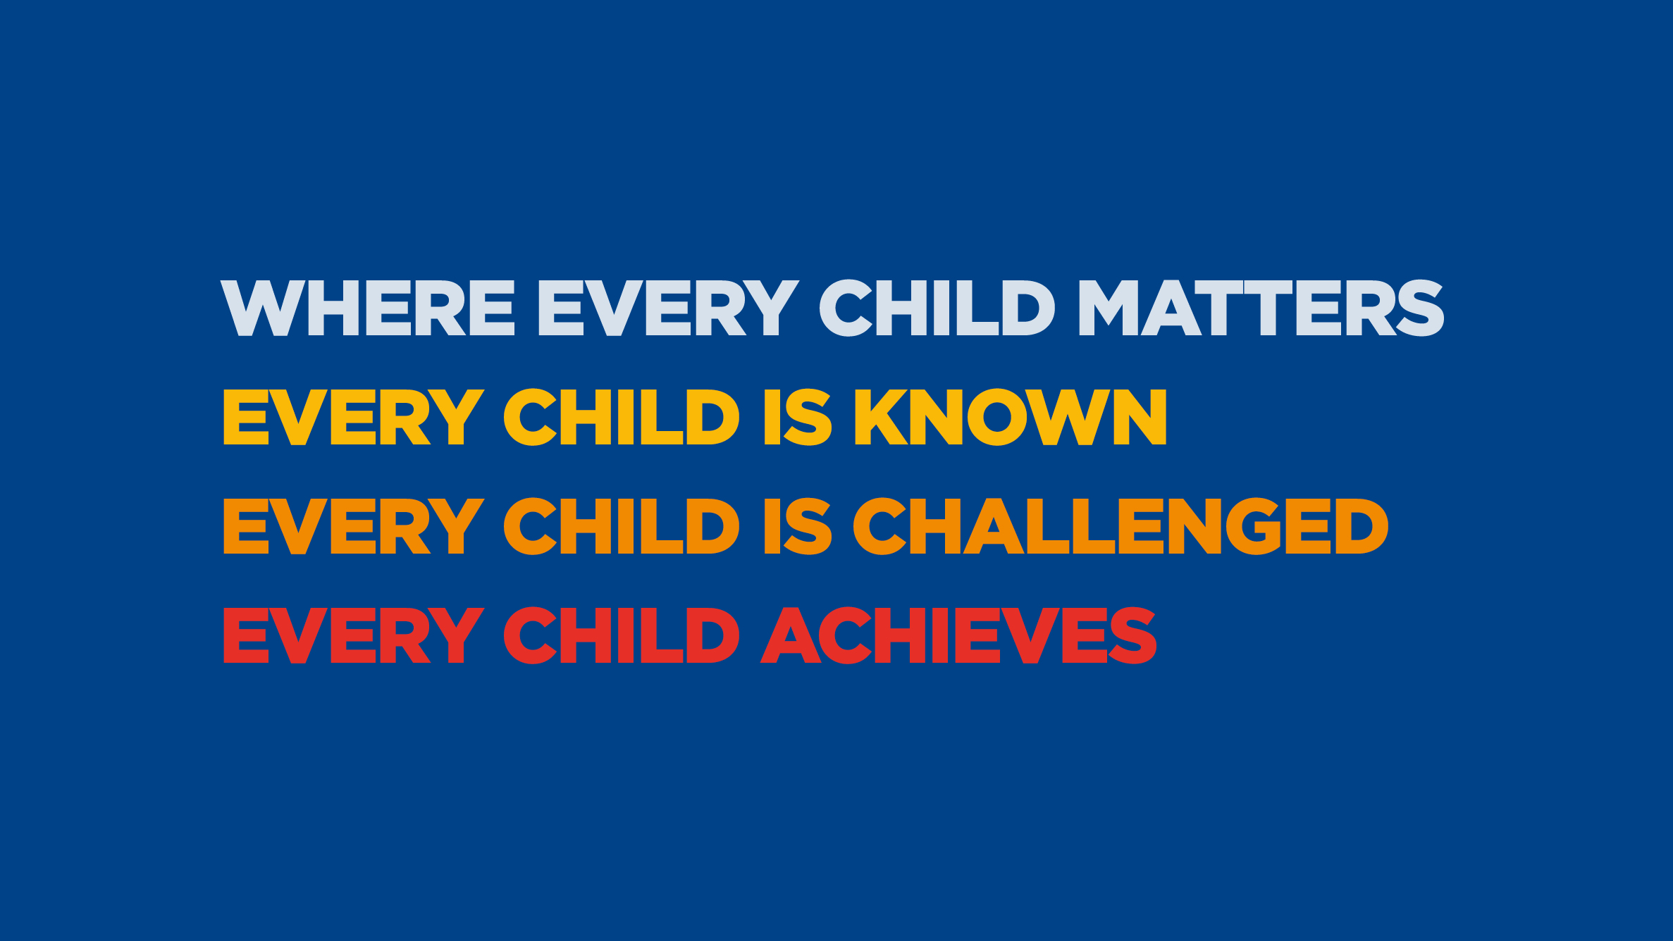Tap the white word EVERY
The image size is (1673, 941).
[x=669, y=308]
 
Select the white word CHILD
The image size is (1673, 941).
[x=937, y=308]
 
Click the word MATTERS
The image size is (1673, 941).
[x=1262, y=308]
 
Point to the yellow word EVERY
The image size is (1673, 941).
[x=354, y=417]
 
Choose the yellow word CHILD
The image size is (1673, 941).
[x=622, y=417]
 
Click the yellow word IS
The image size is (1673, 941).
[x=798, y=417]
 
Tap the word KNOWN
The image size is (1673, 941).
[x=1011, y=417]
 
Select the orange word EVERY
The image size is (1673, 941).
[x=354, y=526]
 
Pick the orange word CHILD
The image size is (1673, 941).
[x=622, y=526]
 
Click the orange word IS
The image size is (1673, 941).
[x=798, y=526]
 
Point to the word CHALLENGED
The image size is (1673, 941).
[x=1121, y=526]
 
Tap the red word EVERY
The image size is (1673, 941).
[x=354, y=635]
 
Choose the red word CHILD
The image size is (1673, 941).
[x=622, y=635]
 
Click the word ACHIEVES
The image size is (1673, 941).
[x=958, y=635]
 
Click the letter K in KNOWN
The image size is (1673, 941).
[x=882, y=417]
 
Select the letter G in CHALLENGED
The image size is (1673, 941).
[x=1254, y=526]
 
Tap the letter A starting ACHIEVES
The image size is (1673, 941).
[x=791, y=635]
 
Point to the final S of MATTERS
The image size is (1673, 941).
[x=1419, y=308]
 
